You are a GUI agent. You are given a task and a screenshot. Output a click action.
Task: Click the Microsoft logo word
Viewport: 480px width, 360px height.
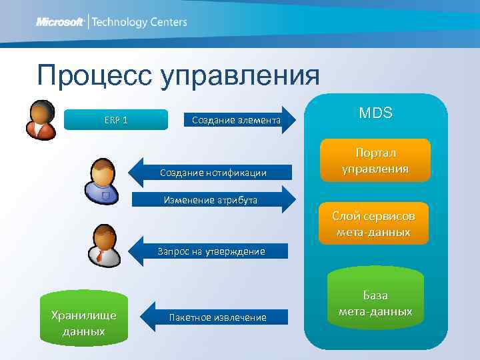(x=60, y=22)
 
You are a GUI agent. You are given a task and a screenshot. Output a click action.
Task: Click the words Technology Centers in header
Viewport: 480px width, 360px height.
(x=139, y=22)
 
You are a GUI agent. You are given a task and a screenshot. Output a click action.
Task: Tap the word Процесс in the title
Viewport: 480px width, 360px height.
(x=93, y=76)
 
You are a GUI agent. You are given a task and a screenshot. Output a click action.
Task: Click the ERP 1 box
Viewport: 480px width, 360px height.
(x=117, y=120)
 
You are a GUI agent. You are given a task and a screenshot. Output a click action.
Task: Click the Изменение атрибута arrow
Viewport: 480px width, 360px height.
(x=213, y=199)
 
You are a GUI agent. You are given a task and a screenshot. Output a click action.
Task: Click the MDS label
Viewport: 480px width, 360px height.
(x=375, y=113)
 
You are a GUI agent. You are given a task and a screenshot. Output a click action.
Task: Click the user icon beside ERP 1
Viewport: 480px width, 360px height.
(x=40, y=119)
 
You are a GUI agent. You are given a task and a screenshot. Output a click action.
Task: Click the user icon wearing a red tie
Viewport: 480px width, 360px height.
(x=103, y=245)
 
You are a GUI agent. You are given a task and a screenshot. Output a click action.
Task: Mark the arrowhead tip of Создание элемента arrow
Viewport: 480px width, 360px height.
(x=293, y=120)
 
